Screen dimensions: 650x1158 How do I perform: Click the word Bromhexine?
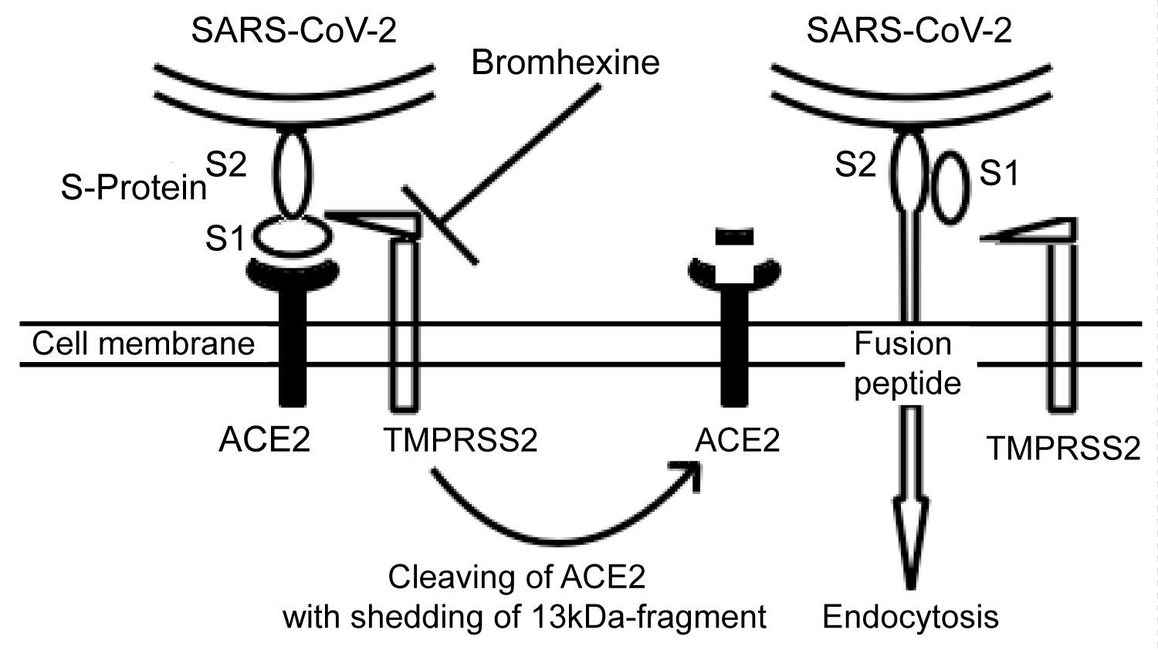pyautogui.click(x=565, y=63)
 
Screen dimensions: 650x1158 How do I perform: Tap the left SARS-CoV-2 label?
pyautogui.click(x=294, y=31)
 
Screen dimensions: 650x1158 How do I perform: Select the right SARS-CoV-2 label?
pyautogui.click(x=909, y=31)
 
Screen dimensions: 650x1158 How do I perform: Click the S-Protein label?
pyautogui.click(x=134, y=188)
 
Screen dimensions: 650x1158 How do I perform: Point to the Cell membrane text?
pyautogui.click(x=144, y=344)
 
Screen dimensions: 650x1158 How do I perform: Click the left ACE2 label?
pyautogui.click(x=265, y=439)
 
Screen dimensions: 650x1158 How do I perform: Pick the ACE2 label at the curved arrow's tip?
pyautogui.click(x=737, y=439)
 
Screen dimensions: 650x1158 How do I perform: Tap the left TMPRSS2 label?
pyautogui.click(x=460, y=440)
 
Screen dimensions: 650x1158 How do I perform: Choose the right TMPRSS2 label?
pyautogui.click(x=1064, y=448)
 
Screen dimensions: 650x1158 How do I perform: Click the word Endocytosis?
pyautogui.click(x=911, y=617)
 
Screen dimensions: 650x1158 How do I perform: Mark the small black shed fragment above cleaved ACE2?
pyautogui.click(x=734, y=237)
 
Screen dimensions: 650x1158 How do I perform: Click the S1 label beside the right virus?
pyautogui.click(x=999, y=174)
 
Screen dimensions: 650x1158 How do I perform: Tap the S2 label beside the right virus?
pyautogui.click(x=855, y=164)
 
